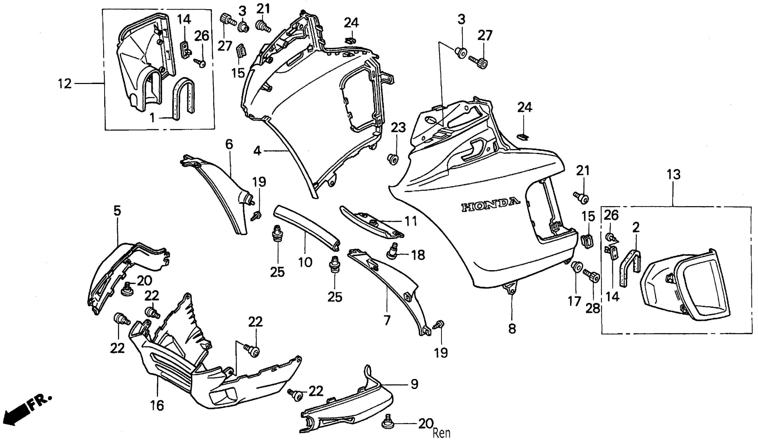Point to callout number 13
coord(674,175)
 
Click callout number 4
coord(257,151)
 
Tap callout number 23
coord(398,128)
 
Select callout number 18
coord(418,255)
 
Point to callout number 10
coord(305,262)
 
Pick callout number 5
coord(117,211)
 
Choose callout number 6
coord(229,145)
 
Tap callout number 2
coord(636,228)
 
